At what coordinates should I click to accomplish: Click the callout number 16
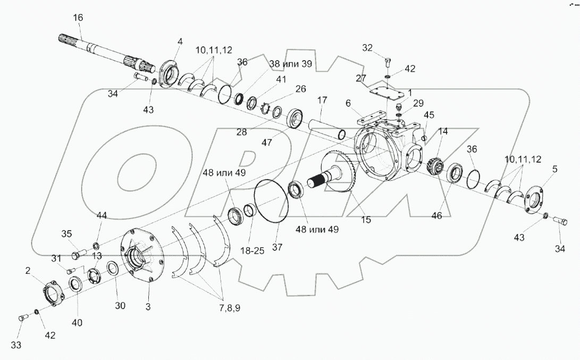[78, 18]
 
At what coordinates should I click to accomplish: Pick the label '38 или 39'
[290, 64]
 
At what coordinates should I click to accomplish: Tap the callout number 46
[436, 216]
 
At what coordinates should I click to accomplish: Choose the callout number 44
[102, 215]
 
